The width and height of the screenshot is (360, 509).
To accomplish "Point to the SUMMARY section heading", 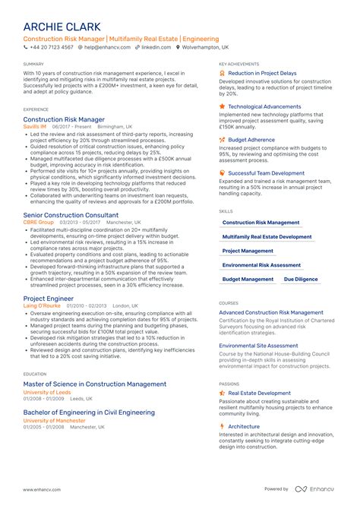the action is coord(33,64).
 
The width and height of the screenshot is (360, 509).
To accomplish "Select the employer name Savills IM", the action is coord(35,128).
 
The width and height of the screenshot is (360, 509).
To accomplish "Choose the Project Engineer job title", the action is coord(49,299).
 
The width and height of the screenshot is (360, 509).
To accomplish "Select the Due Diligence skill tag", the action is coord(301,280).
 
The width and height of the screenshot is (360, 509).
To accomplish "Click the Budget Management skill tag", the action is coord(248,280).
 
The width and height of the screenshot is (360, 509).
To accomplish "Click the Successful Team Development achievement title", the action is coord(266,173).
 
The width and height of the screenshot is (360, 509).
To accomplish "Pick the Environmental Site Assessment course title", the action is coord(258,345).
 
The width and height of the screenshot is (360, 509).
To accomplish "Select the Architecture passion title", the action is coord(244,426).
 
